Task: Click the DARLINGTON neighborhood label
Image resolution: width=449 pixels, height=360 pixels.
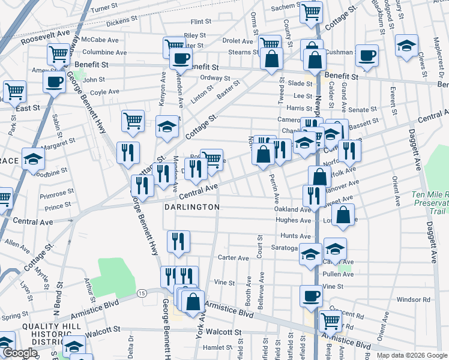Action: click(x=190, y=206)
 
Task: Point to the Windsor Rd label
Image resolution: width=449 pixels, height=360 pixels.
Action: click(x=414, y=299)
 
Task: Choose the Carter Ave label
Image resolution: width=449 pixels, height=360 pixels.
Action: click(x=234, y=257)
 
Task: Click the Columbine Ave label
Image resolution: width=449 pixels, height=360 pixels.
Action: click(x=104, y=52)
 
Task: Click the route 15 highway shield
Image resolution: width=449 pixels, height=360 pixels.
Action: click(x=142, y=293)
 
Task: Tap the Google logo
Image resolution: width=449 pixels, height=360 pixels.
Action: click(x=20, y=353)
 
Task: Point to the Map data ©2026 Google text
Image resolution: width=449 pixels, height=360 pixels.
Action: click(x=411, y=355)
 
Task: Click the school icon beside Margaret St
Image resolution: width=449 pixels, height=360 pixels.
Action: click(x=34, y=159)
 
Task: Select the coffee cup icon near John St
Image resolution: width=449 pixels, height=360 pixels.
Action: click(x=54, y=82)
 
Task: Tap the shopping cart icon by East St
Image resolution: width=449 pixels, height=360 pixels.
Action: click(x=14, y=92)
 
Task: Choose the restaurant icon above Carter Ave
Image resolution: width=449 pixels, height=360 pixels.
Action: click(x=178, y=242)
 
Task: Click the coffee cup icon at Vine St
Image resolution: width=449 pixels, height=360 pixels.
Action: click(x=311, y=296)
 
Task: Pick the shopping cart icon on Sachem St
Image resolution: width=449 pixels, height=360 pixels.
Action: click(x=311, y=11)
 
